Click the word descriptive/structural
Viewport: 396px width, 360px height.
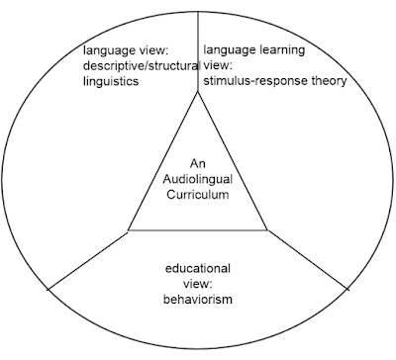(142, 66)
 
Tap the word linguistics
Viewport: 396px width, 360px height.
(111, 81)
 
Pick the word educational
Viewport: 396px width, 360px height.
(198, 268)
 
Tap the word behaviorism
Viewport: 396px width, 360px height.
(198, 300)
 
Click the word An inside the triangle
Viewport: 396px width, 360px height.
(198, 163)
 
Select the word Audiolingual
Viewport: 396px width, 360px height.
(198, 179)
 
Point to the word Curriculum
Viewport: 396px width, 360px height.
(198, 195)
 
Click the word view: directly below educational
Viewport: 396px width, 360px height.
(197, 284)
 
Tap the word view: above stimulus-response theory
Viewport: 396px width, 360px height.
(218, 65)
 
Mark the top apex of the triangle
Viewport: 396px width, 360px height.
(198, 92)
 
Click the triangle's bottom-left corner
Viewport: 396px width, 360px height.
(128, 229)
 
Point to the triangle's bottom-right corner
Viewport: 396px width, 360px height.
(267, 229)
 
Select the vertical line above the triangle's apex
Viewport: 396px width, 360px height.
(198, 51)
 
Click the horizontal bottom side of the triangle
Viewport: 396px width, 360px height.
(198, 229)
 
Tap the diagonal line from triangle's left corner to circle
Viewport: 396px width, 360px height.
(87, 261)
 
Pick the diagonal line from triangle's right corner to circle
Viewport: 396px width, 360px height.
(309, 260)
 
